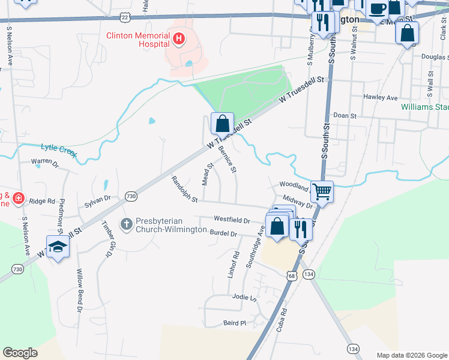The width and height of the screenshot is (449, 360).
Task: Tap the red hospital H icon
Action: point(178,40)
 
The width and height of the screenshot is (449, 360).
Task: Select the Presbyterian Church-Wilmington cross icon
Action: point(126,224)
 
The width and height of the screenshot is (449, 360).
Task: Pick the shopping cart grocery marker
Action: point(322,192)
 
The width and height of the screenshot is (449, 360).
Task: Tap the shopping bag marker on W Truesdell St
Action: point(222,124)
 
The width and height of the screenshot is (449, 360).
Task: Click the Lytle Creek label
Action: point(59,149)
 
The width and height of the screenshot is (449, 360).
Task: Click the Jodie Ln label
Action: point(244,298)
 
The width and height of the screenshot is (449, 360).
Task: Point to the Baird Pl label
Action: point(235,323)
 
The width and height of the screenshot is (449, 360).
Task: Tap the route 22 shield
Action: point(124,16)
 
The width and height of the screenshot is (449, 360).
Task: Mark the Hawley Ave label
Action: point(381,97)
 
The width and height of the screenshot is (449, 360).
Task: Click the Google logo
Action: point(20,353)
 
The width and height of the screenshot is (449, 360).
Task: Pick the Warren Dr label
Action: point(45,162)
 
